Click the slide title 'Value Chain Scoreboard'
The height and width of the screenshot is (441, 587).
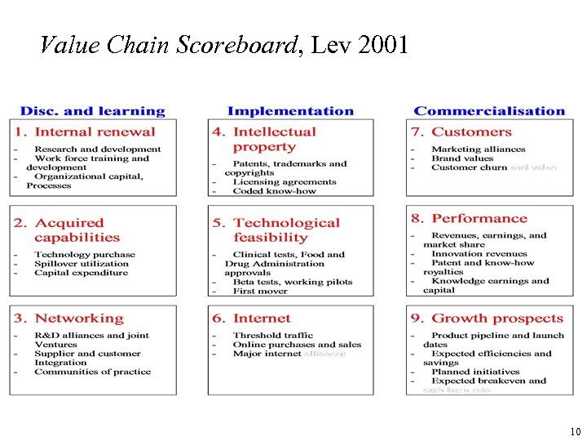(x=168, y=45)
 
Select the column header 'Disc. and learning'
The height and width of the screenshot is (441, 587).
(x=92, y=111)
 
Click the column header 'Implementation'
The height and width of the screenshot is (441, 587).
(x=290, y=111)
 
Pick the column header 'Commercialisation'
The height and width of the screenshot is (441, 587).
(x=489, y=111)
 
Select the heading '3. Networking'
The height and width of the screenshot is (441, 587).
(x=68, y=318)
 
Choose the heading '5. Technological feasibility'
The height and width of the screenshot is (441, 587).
(x=276, y=230)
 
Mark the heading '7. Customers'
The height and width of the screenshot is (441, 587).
(x=461, y=131)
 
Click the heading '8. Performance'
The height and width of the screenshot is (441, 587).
(x=469, y=218)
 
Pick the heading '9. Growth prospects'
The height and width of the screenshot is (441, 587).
(x=488, y=318)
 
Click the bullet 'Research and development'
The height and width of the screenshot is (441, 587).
(x=97, y=149)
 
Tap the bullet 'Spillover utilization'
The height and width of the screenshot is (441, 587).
(x=82, y=264)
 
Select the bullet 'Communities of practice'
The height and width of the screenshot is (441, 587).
(x=92, y=372)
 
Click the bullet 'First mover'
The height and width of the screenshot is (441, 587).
(x=260, y=291)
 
